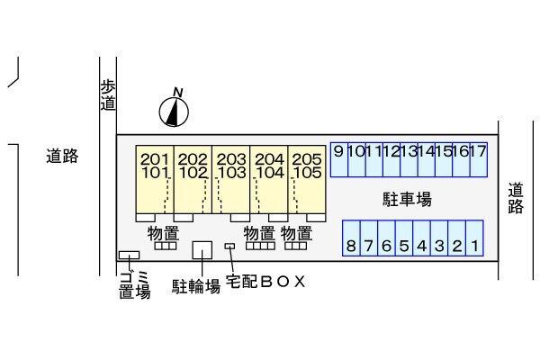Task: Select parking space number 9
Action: (338, 160)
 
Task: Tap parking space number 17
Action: (478, 160)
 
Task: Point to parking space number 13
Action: (409, 160)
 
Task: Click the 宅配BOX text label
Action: (265, 282)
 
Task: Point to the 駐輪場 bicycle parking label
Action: (196, 286)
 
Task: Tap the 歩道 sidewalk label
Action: (108, 95)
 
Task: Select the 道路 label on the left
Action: (62, 156)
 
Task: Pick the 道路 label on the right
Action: (515, 198)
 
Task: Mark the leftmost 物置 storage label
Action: (163, 234)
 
